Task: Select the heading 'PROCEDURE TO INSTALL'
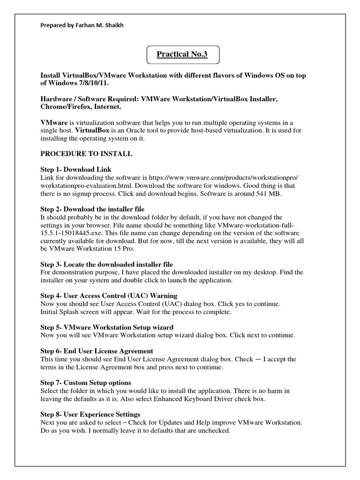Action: click(x=86, y=153)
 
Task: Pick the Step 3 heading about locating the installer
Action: click(x=107, y=264)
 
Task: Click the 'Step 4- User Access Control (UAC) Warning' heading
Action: click(x=109, y=296)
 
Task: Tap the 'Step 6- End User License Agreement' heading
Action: click(x=97, y=351)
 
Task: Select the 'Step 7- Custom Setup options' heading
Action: click(x=86, y=382)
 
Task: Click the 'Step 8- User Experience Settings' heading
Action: click(x=90, y=414)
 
